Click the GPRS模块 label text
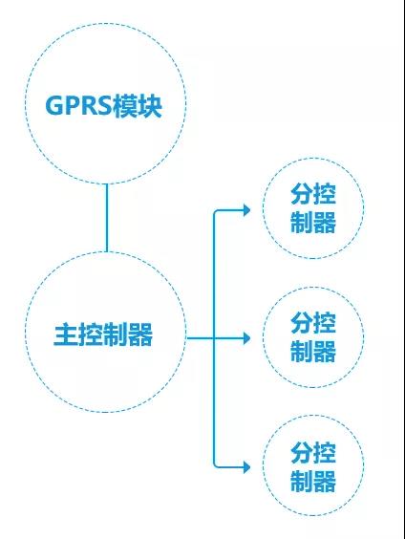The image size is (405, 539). point(104,106)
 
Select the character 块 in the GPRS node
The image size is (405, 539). point(150,106)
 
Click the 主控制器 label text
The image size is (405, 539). point(103,334)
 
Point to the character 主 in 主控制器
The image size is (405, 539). point(66,334)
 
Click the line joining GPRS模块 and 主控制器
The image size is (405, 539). point(106,218)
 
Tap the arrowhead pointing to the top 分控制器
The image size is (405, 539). point(247,209)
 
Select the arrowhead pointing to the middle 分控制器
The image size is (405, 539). point(247,338)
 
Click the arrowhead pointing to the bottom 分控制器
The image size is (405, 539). point(247,467)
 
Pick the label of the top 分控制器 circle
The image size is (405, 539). point(313,208)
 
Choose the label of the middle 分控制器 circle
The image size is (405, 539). point(313,337)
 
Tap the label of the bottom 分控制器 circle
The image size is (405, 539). point(313,466)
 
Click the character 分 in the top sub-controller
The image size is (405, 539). point(302,194)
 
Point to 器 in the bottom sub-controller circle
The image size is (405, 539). point(325,481)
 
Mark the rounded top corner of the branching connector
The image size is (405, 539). point(216,211)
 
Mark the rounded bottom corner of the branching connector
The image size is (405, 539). point(216,464)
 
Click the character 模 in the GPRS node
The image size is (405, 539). point(126,106)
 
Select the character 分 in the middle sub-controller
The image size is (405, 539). point(302,323)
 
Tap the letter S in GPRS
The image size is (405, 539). point(103,106)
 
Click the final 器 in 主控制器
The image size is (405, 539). point(140,334)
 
